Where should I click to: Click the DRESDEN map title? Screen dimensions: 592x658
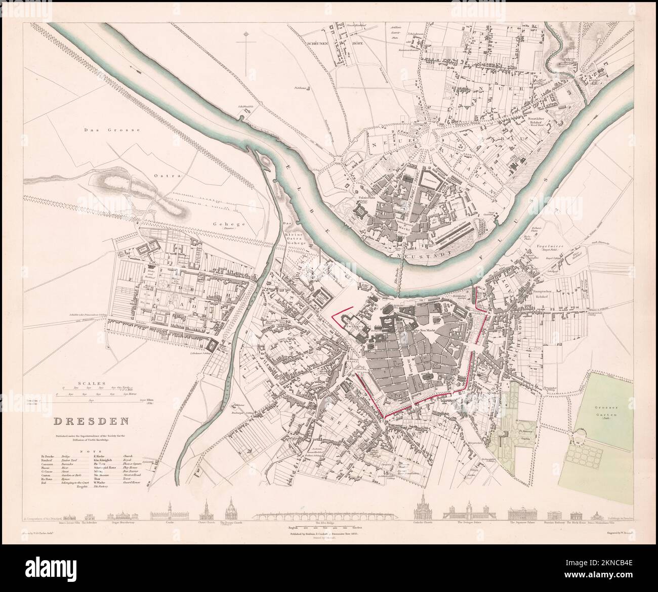click(x=91, y=420)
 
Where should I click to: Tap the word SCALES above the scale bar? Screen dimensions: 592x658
click(x=87, y=383)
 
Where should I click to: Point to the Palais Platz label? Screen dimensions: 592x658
click(x=366, y=192)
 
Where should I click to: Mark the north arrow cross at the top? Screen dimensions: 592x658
click(x=246, y=51)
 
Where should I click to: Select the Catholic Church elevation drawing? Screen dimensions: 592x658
click(x=422, y=511)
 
